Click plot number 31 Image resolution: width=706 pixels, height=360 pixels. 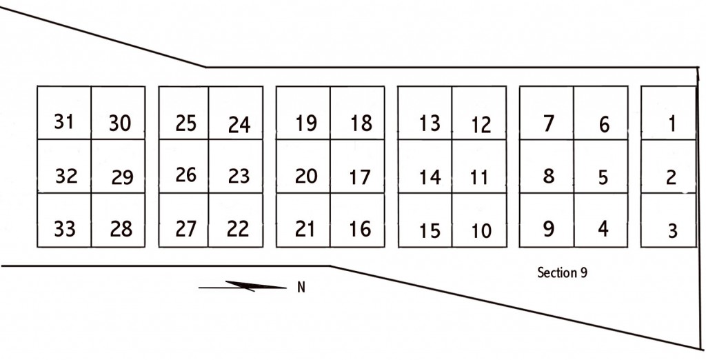tap(64, 112)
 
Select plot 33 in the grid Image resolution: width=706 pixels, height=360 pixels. tap(64, 220)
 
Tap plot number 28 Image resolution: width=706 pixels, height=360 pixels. tap(118, 220)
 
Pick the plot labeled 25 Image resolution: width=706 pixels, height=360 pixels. tap(183, 112)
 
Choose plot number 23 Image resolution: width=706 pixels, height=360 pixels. tap(236, 166)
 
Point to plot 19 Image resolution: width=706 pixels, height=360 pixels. tap(303, 112)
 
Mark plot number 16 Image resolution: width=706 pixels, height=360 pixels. tap(358, 220)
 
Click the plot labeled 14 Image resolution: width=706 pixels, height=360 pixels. tap(425, 166)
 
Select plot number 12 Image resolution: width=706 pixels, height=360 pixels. tap(479, 112)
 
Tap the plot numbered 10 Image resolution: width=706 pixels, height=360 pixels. tap(479, 220)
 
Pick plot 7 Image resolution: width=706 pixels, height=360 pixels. tap(547, 112)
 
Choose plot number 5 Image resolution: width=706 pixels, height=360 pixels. tap(601, 166)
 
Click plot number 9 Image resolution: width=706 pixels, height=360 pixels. tap(547, 220)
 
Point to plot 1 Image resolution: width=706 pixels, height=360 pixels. tap(669, 112)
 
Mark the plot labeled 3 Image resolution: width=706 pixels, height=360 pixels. tap(669, 220)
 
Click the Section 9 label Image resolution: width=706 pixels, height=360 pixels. tap(563, 272)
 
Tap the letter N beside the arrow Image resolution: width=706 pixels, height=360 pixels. tap(301, 287)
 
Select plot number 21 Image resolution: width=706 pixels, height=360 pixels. tap(303, 220)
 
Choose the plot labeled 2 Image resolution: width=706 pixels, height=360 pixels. tap(669, 166)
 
